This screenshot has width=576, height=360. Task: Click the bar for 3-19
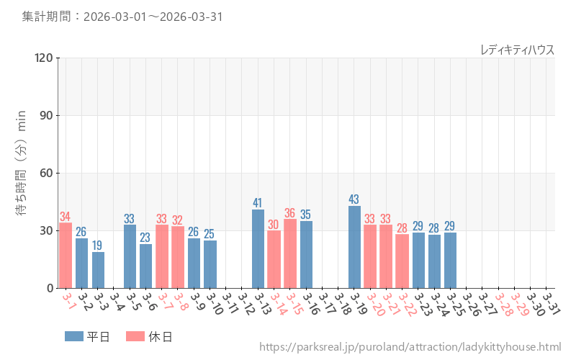point(354,247)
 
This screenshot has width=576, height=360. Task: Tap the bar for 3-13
point(258,248)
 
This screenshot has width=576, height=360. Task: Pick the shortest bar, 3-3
point(98,270)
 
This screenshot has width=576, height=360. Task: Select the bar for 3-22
point(402,261)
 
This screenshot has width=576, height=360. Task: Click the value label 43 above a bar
point(354,199)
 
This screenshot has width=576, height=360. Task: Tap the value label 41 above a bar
point(258,203)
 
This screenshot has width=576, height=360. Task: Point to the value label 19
point(98,246)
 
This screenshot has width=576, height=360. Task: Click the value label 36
point(290,213)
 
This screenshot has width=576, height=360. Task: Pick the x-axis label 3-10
point(213,302)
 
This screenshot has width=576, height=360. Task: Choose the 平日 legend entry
point(87,336)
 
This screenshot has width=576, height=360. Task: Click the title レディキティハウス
point(517,49)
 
